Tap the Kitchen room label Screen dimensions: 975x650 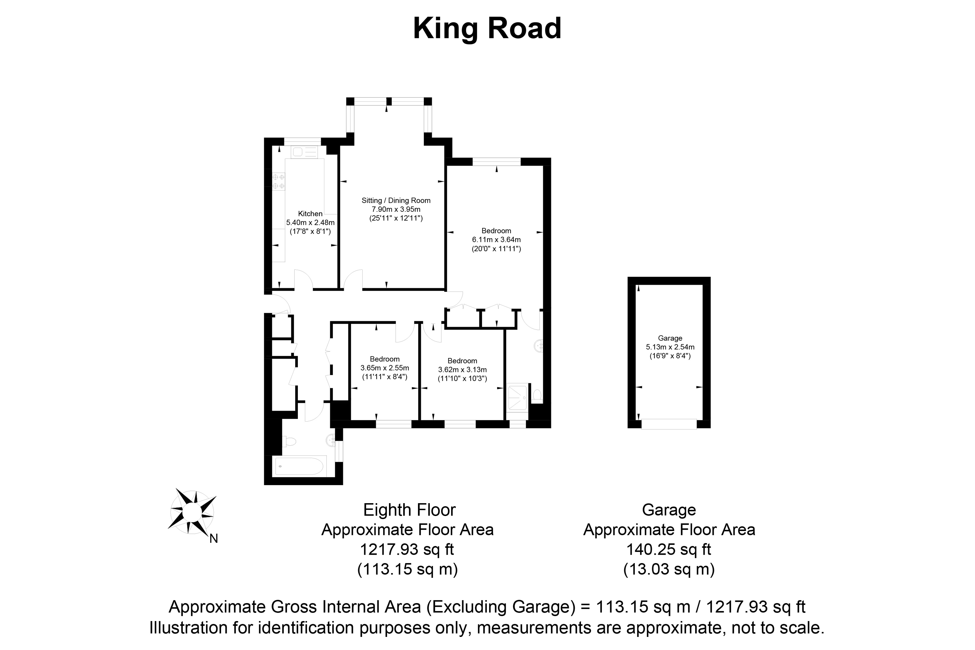point(310,214)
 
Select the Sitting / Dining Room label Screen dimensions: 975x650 point(396,201)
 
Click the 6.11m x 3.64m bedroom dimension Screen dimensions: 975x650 point(496,240)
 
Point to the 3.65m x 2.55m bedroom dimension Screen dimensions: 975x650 point(385,368)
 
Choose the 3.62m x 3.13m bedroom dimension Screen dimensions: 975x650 point(462,370)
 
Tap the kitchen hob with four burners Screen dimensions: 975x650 point(279,182)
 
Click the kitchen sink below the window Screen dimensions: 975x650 point(304,152)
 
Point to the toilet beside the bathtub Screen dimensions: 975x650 point(289,442)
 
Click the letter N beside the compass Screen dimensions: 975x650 point(213,539)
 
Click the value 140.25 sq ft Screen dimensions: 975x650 point(669,550)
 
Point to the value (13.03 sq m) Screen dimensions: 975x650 point(669,569)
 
